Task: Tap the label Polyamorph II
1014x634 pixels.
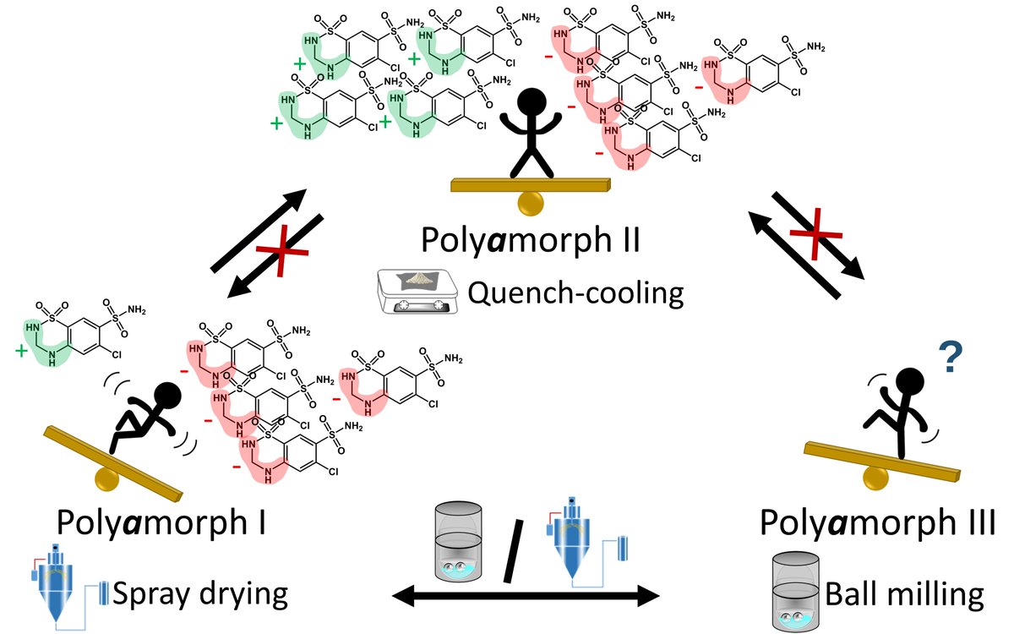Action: [531, 245]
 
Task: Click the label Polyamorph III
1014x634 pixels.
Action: [877, 522]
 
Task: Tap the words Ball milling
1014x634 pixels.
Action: [905, 594]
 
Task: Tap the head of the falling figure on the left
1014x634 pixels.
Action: [167, 395]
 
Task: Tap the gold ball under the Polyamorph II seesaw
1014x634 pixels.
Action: [531, 203]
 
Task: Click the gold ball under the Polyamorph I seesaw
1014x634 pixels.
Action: [107, 478]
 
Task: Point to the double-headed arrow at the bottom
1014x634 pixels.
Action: [526, 598]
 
